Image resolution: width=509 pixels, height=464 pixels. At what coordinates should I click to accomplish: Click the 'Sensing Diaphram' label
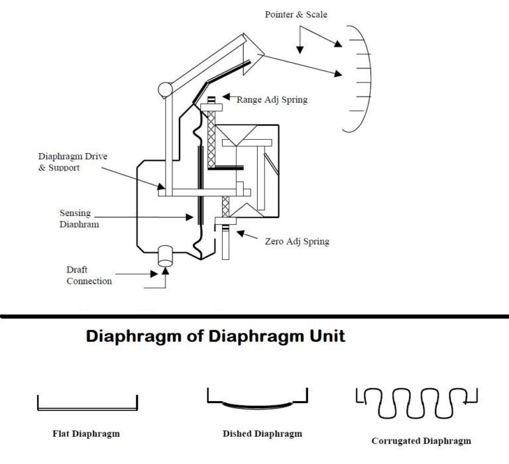click(75, 219)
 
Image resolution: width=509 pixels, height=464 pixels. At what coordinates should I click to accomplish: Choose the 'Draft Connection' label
click(89, 276)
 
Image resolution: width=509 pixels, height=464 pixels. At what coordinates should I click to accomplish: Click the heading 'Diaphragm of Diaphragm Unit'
click(215, 336)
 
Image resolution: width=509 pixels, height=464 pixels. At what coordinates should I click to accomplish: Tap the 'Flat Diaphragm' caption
click(86, 434)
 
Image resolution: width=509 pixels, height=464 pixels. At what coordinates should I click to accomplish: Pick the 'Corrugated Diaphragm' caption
click(421, 441)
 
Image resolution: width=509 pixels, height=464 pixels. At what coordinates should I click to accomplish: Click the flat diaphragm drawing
click(87, 404)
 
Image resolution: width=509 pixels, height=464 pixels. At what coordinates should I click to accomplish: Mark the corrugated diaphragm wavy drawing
click(417, 402)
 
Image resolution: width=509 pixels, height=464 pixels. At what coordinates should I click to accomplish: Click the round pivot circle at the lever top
click(164, 88)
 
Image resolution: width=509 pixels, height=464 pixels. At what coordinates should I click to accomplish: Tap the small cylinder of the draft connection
click(165, 257)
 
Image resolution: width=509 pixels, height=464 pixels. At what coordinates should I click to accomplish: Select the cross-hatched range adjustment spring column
click(213, 139)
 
